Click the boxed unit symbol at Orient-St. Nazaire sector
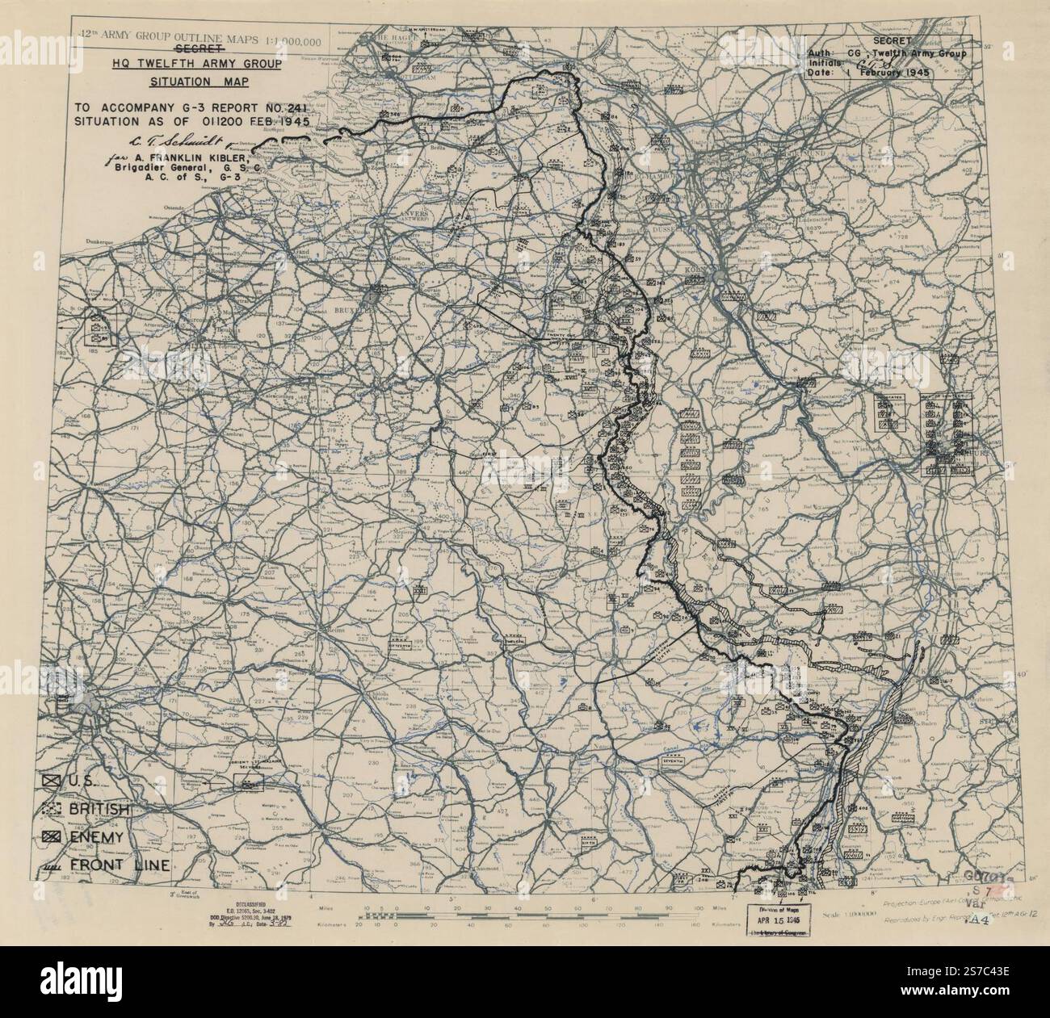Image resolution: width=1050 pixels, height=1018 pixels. [x=242, y=781]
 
